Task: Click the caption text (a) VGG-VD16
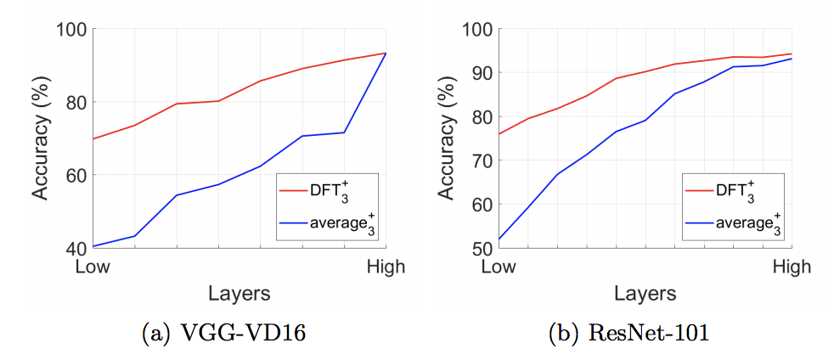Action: [223, 334]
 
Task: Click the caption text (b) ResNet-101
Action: [629, 334]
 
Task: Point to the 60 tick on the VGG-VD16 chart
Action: [76, 176]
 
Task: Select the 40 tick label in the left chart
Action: [76, 249]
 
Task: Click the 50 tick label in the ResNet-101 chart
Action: [481, 249]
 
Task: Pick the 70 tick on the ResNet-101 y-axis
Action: [481, 161]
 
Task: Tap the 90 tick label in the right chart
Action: [481, 74]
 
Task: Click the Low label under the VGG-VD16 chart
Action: [93, 267]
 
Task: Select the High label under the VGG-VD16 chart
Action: [386, 267]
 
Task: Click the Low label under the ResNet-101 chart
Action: [499, 267]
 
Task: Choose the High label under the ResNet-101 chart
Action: [792, 267]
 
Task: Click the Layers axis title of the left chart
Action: [239, 294]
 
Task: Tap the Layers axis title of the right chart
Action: [645, 294]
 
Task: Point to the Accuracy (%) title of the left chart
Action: [41, 139]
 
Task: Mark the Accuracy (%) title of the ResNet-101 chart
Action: [446, 139]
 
